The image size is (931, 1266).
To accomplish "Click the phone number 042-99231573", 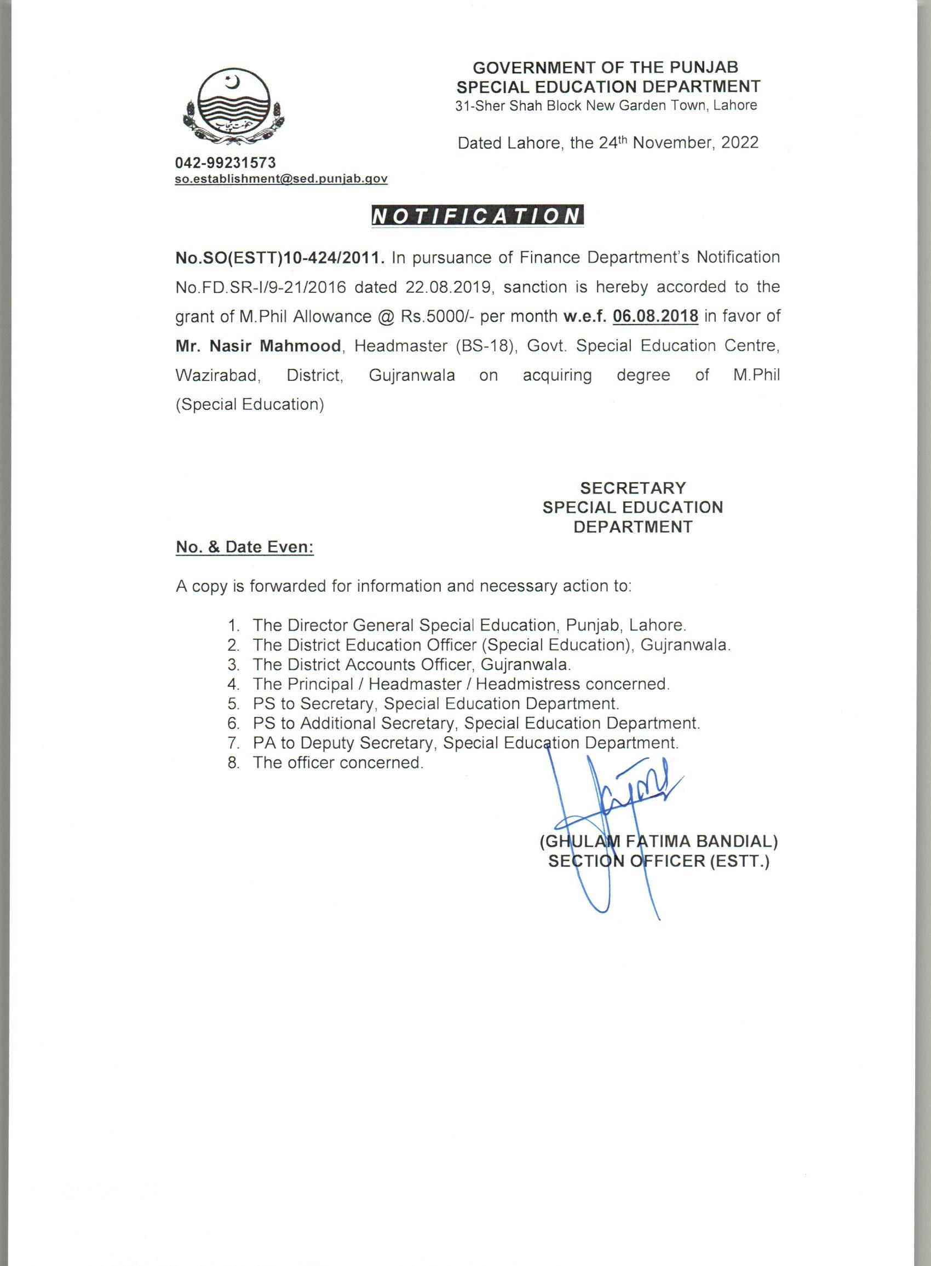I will click(226, 163).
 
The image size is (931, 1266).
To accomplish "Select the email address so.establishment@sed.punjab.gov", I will click(281, 178).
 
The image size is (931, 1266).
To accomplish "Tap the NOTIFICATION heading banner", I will click(478, 217).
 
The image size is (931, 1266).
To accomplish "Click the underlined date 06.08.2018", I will click(656, 316).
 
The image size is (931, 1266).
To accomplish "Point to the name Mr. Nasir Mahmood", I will click(258, 346).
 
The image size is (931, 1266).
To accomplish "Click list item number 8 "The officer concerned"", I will click(337, 762).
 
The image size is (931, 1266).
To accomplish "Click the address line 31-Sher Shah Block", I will click(606, 105).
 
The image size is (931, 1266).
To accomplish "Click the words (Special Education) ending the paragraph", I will click(250, 404).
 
